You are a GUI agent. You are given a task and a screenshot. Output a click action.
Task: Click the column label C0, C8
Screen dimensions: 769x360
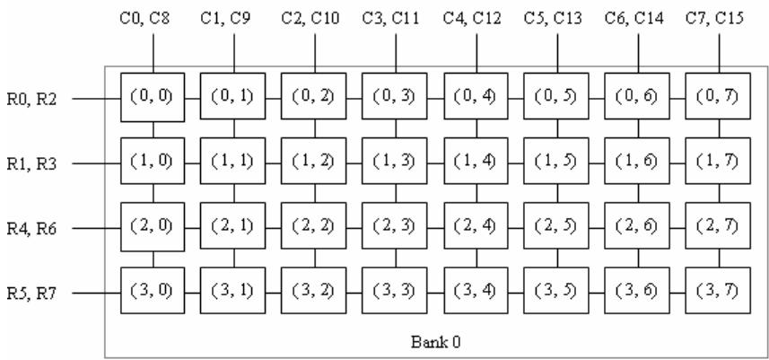click(144, 19)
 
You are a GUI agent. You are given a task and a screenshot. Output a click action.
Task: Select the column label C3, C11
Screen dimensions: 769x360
click(390, 19)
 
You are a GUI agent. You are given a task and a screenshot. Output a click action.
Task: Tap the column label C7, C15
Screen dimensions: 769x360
click(714, 19)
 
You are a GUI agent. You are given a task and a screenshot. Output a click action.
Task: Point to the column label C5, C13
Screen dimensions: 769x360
click(553, 19)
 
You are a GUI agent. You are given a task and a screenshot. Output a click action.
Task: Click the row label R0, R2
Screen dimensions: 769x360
click(31, 100)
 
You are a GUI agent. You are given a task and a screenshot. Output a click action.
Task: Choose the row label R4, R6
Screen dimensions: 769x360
click(31, 229)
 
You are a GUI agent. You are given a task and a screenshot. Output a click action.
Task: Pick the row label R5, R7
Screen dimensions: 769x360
click(31, 294)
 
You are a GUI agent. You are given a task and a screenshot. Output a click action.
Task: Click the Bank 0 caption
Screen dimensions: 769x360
click(435, 342)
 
